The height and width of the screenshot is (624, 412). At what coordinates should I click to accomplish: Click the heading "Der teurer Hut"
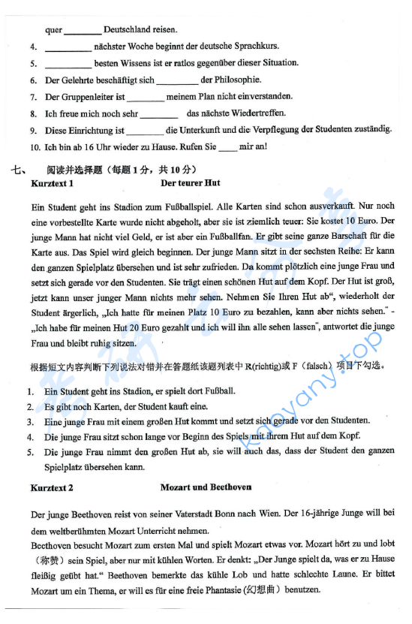[191, 182]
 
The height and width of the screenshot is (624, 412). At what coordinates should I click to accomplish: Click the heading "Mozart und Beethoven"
[206, 487]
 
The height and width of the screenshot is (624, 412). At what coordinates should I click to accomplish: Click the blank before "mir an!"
[227, 146]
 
